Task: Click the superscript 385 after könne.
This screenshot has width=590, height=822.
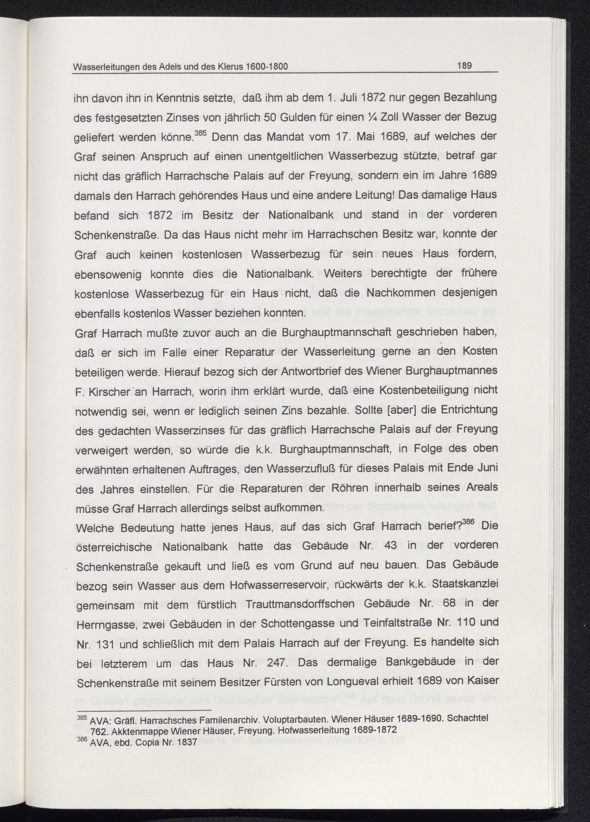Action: click(200, 133)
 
